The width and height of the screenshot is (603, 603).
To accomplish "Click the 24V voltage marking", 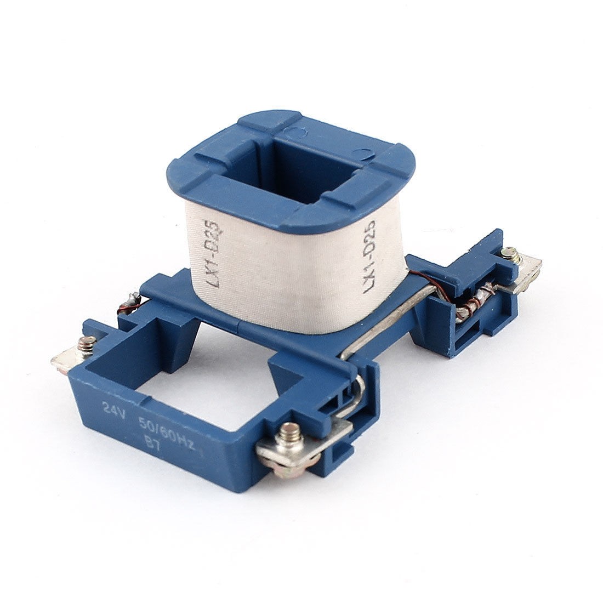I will pos(112,408).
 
